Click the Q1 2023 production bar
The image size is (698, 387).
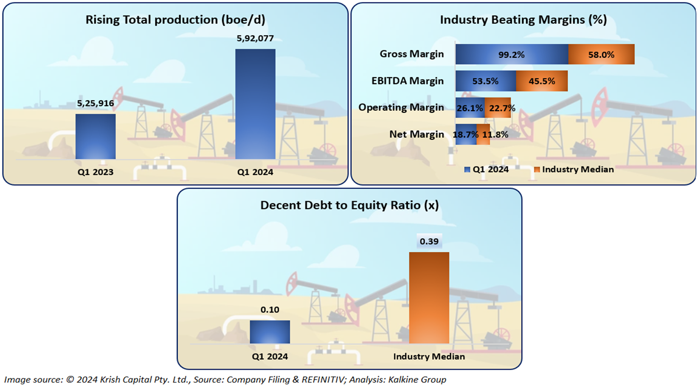tap(95, 136)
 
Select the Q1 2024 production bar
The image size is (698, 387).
tap(255, 103)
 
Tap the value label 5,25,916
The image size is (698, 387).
tap(95, 103)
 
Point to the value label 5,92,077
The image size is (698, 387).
tap(255, 39)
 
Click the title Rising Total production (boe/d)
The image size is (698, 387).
tap(175, 20)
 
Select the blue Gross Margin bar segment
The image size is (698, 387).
tap(512, 54)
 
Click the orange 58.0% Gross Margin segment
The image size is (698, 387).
tap(601, 54)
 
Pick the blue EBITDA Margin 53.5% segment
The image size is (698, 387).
tap(486, 81)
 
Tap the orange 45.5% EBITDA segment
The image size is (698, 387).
tap(541, 81)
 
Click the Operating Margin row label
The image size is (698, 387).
tap(401, 107)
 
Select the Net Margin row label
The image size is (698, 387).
tap(417, 134)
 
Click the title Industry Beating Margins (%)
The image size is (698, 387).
tap(523, 20)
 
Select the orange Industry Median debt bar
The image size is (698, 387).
tap(429, 297)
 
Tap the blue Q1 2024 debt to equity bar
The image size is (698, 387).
tap(270, 332)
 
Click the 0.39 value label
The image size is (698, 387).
tap(429, 241)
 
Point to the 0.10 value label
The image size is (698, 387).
tap(270, 310)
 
